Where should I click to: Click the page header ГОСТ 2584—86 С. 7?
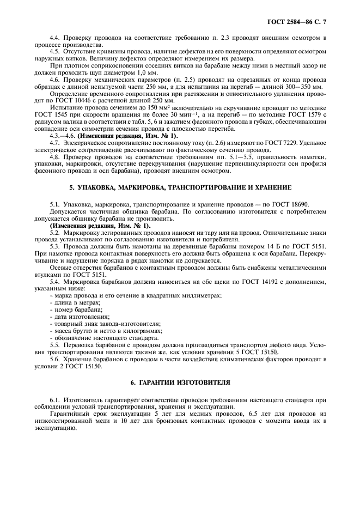(301, 21)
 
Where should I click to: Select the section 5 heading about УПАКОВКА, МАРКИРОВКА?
(180, 187)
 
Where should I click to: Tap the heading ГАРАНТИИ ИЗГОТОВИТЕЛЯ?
(180, 382)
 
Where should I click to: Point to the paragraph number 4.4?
(55, 37)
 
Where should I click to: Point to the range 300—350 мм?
(303, 87)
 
